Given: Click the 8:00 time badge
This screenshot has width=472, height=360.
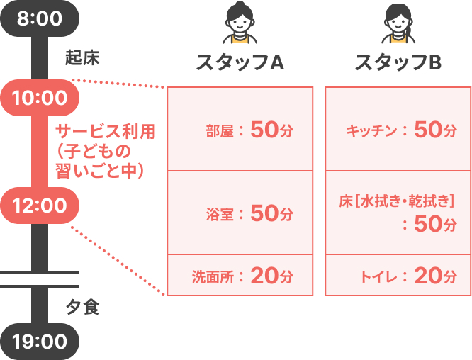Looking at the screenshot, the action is coord(40,18).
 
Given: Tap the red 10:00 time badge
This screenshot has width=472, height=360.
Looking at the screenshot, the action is coord(40,98).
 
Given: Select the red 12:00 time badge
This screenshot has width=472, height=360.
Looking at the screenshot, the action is coord(40,206).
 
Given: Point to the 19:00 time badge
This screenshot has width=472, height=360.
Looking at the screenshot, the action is coord(40,342).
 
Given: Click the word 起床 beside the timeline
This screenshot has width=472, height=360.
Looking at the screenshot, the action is coord(82,57).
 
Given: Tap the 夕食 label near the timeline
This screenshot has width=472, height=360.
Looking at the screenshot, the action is coord(82,308).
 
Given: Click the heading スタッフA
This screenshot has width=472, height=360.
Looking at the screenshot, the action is coord(240,62).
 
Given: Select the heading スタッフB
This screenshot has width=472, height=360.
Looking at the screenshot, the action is coord(398,62).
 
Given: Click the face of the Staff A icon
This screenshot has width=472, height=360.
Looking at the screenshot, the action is coord(240,23).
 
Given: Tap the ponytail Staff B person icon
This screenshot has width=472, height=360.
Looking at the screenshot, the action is coord(398,23).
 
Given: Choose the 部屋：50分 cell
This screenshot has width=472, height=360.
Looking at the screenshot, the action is coord(240,129).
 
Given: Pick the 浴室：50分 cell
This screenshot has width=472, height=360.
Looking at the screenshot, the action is coord(240,213).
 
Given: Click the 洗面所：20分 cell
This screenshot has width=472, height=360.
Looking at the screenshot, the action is coord(240,275).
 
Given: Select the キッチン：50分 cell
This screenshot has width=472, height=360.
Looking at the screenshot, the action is coord(398,129).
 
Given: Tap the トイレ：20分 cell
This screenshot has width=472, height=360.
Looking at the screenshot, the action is coord(398,275).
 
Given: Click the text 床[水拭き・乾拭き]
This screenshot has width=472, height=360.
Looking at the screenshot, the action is coord(397,201).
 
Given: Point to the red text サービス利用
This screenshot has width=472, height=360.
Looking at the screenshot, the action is coord(106,132).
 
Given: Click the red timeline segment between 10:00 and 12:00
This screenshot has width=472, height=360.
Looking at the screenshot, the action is coord(40,152).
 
